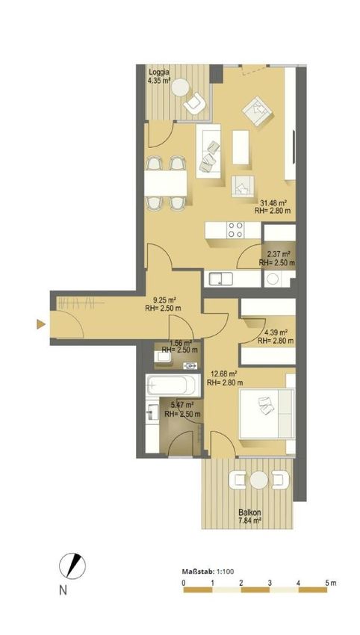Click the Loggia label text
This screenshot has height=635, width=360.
click(159, 72)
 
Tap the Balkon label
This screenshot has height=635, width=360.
click(246, 513)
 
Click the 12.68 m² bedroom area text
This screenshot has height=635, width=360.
click(224, 374)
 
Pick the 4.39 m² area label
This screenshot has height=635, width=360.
click(276, 333)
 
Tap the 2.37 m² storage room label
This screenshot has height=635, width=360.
click(278, 254)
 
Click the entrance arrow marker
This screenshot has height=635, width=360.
click(41, 324)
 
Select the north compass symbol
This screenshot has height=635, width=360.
click(72, 566)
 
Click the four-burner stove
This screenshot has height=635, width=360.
click(236, 230)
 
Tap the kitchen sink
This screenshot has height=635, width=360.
click(220, 279)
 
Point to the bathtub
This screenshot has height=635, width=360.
click(173, 385)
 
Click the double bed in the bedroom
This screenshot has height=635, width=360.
click(267, 413)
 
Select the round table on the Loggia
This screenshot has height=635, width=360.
click(180, 87)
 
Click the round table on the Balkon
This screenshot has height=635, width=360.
click(258, 480)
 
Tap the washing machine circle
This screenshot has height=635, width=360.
click(273, 279)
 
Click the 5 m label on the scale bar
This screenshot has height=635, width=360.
click(330, 583)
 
